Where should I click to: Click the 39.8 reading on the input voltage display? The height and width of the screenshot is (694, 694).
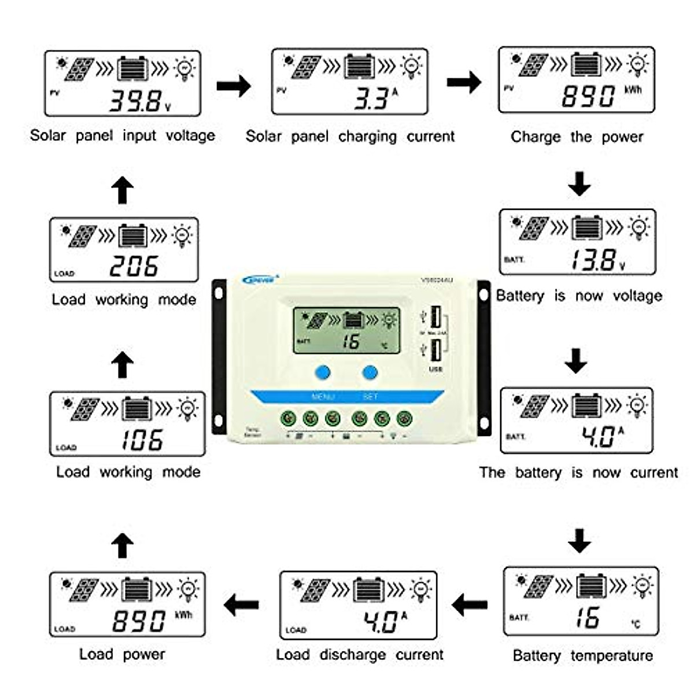coord(134,101)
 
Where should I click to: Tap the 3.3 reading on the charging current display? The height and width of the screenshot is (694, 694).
coord(371,99)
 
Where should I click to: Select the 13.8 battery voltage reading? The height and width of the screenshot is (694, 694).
coord(593,260)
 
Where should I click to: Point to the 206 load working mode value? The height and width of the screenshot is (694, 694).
coord(134,267)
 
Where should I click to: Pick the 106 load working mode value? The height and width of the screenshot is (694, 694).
coord(142,440)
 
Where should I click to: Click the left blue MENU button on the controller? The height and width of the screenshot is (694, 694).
coord(323,372)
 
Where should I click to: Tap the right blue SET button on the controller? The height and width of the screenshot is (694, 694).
coord(370,372)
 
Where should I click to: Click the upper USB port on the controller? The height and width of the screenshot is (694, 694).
coord(435,318)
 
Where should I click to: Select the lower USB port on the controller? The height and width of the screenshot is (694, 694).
coord(435,350)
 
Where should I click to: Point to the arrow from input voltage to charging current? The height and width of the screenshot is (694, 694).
coord(234,86)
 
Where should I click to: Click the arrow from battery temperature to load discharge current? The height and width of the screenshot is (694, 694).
coord(470,606)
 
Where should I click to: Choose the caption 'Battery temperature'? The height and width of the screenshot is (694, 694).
coord(582,656)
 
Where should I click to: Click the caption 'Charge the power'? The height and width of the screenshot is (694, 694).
coord(577,137)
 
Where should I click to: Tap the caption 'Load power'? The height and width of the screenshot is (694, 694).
coord(122,654)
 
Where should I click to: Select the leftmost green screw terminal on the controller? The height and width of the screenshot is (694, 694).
coord(288,418)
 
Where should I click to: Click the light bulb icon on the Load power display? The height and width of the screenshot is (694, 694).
coord(189,590)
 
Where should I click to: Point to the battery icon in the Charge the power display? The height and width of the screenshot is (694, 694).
coord(586,65)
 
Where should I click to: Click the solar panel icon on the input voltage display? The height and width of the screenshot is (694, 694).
coord(79,69)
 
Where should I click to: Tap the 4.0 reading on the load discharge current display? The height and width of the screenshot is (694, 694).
coord(380,622)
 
